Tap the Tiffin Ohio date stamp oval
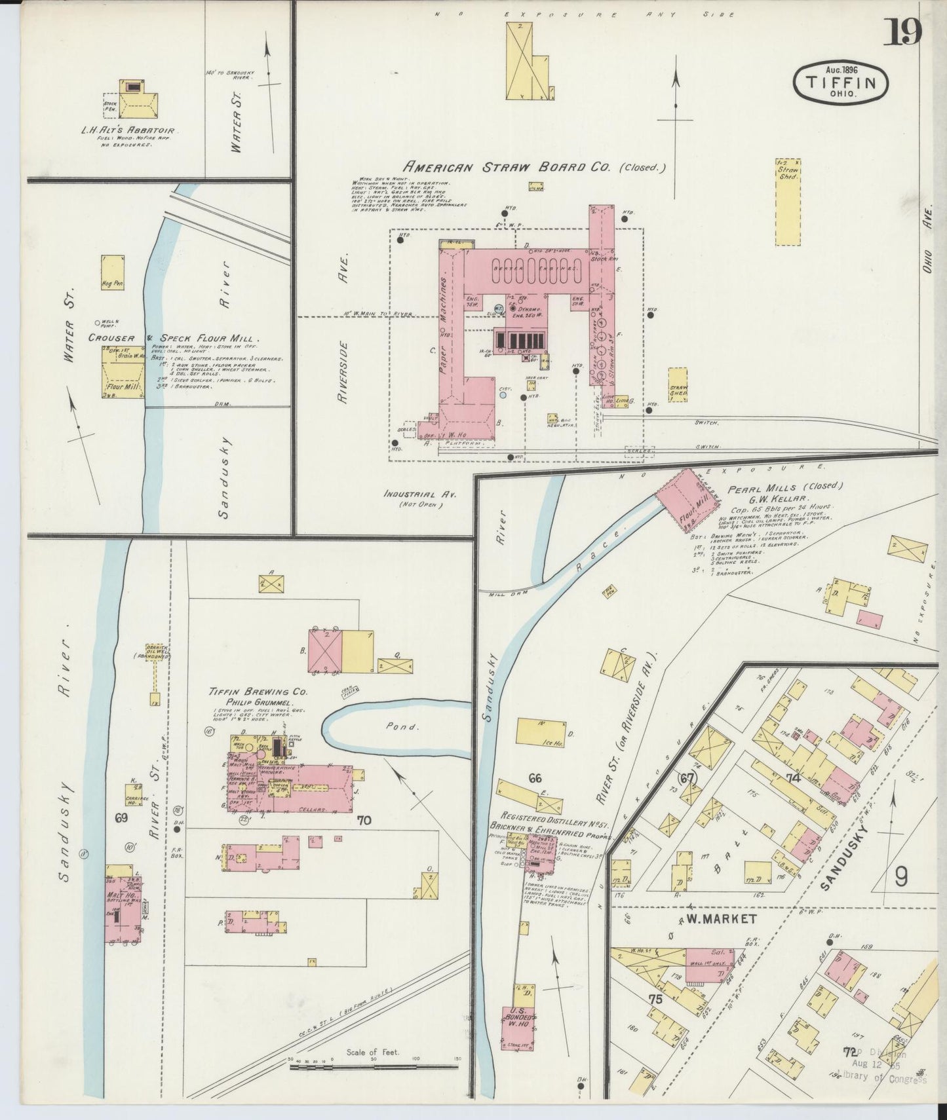point(842,83)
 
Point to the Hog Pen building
point(113,272)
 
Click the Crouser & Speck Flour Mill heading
point(174,339)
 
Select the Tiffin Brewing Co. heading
point(258,691)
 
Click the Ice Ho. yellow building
point(540,732)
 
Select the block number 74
point(794,778)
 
